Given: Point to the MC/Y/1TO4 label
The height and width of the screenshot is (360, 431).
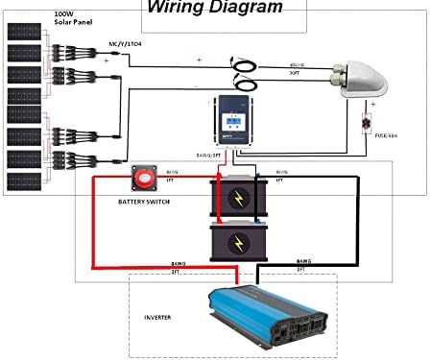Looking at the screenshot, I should click(125, 44).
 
